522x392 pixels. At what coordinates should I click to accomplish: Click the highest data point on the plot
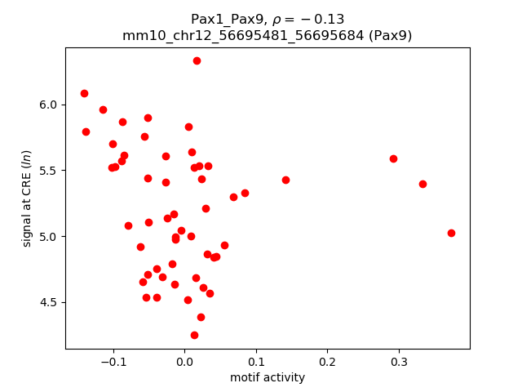197,60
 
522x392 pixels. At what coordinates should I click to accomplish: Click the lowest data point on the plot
194,335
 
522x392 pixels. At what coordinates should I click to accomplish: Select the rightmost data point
451,233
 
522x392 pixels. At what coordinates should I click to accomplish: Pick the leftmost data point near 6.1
84,93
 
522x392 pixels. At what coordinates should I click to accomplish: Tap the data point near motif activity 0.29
393,158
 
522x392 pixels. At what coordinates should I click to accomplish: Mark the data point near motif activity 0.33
422,184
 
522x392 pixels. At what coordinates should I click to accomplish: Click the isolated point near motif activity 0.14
285,180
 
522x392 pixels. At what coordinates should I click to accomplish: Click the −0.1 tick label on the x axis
113,362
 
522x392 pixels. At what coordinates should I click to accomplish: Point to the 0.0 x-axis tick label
184,362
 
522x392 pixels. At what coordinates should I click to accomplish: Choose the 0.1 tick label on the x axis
255,362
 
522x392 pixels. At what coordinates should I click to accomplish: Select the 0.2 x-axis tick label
327,362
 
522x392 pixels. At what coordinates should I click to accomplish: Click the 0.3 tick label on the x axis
398,362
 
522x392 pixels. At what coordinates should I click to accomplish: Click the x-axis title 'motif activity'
268,377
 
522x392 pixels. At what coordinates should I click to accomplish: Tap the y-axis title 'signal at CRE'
27,198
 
